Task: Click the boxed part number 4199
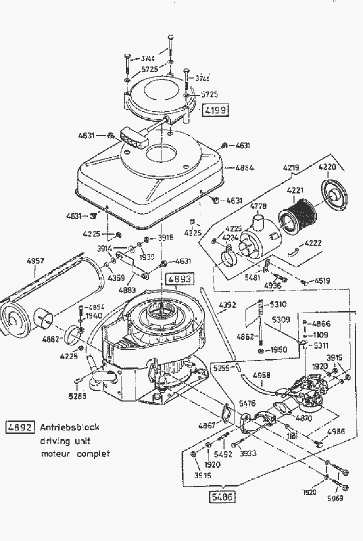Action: coord(215,109)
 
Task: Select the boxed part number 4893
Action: coord(179,279)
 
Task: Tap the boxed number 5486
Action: coord(222,497)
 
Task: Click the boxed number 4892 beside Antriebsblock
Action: coord(20,427)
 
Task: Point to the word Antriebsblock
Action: coord(69,427)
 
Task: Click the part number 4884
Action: coord(244,167)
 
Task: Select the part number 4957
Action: coord(35,261)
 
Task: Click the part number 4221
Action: coord(295,190)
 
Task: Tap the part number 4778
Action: coord(258,207)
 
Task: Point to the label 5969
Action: coord(335,498)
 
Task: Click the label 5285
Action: coord(77,396)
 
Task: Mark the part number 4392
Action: coord(227,305)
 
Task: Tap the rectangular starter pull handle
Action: coord(133,138)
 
